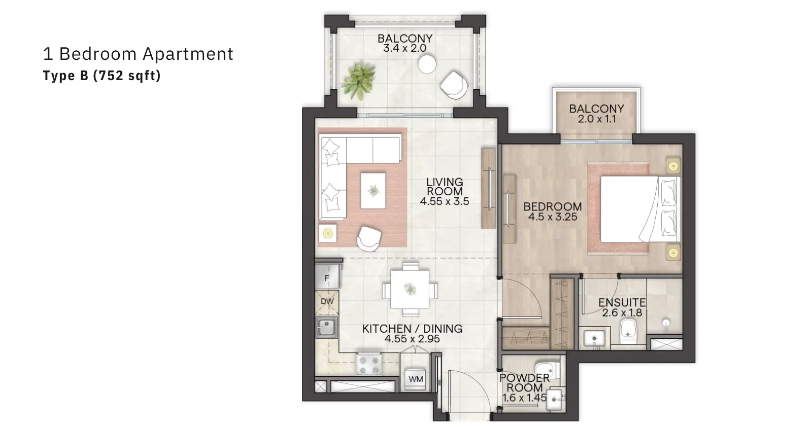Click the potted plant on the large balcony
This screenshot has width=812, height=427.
(x=358, y=81)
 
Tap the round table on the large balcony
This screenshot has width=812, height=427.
(x=427, y=64)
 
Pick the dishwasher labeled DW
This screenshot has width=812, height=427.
(x=327, y=301)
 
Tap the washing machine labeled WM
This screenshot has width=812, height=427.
(x=416, y=379)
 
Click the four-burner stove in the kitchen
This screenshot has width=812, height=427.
(x=369, y=364)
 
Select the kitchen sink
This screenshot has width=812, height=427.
(x=327, y=327)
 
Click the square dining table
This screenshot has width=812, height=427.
(x=410, y=290)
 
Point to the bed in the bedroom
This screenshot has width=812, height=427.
(x=640, y=209)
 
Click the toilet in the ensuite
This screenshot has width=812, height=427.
(x=627, y=331)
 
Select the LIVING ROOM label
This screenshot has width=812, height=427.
(x=445, y=187)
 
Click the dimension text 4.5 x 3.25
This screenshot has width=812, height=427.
(x=553, y=217)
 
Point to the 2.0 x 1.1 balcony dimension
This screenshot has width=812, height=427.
(x=597, y=119)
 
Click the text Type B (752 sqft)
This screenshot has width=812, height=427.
(x=102, y=76)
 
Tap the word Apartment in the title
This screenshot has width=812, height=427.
(x=188, y=54)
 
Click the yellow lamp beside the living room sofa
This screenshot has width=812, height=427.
(x=328, y=234)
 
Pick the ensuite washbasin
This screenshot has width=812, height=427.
(x=594, y=339)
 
